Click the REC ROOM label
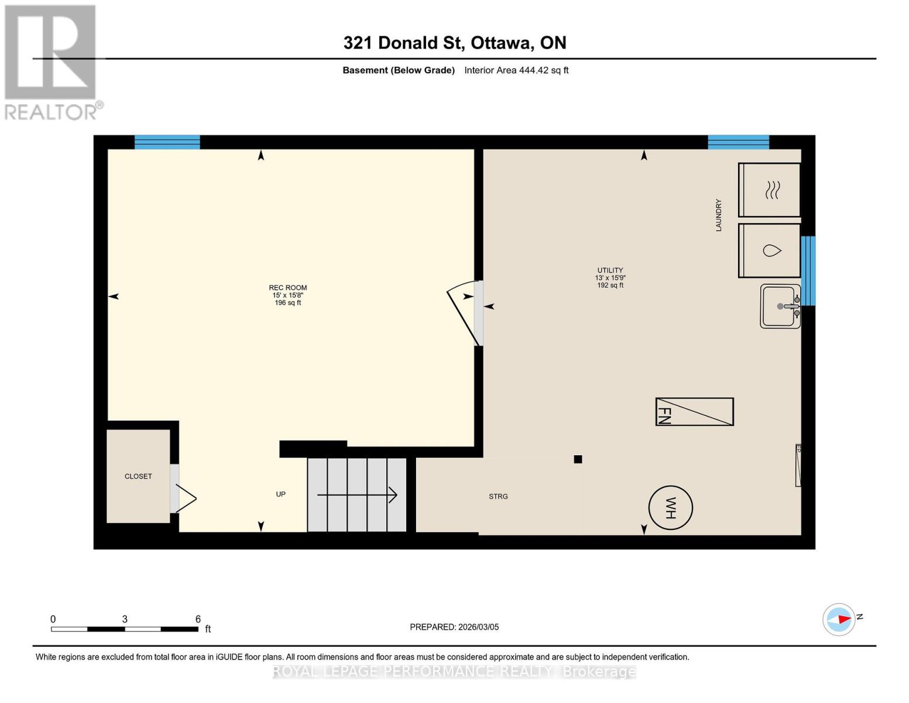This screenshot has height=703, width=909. click(x=287, y=288)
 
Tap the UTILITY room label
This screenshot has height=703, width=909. click(x=610, y=271)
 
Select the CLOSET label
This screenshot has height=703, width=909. click(x=138, y=476)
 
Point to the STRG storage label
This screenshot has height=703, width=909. click(x=498, y=496)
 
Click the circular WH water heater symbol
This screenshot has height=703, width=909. click(x=670, y=508)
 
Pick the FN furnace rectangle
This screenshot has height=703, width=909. click(x=694, y=411)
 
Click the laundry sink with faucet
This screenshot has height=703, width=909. click(x=780, y=306)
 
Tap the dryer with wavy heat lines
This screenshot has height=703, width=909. click(x=770, y=190)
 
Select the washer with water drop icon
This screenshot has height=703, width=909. click(x=770, y=251)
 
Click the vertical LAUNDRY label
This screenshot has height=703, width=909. click(x=718, y=215)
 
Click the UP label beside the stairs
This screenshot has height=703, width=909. click(x=281, y=494)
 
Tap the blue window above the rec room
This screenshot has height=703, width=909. click(x=167, y=142)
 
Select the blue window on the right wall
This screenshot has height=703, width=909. click(x=808, y=271)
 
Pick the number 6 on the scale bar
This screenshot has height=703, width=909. click(x=198, y=619)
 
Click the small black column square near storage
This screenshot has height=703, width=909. click(x=578, y=459)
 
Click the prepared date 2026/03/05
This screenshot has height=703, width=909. click(x=478, y=627)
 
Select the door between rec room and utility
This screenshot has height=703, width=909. click(x=467, y=313)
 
